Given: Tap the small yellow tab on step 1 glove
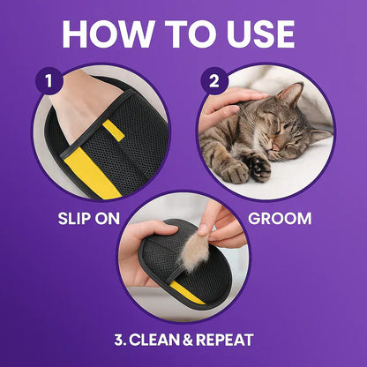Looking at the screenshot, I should (112, 131).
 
